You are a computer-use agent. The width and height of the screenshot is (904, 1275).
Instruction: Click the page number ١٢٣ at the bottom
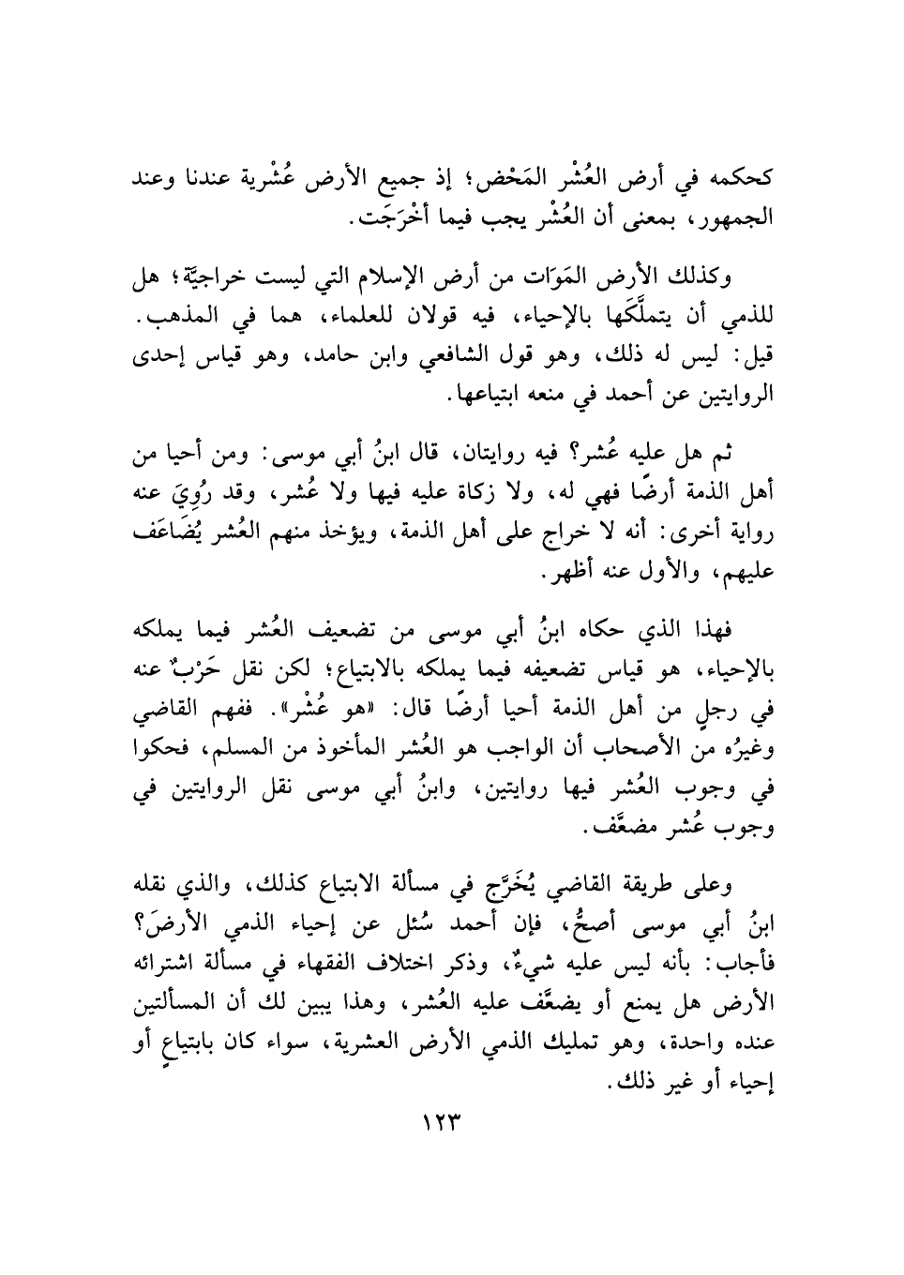[440, 1122]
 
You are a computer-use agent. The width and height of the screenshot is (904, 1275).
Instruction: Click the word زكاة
[428, 498]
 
